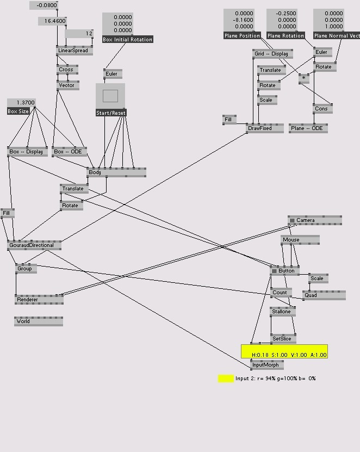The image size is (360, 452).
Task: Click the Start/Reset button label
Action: tap(111, 113)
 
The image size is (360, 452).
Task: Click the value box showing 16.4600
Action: tap(52, 21)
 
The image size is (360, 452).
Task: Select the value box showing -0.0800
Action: tap(44, 5)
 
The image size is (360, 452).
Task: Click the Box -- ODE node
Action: tap(69, 152)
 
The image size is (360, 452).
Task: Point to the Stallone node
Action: tap(282, 312)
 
